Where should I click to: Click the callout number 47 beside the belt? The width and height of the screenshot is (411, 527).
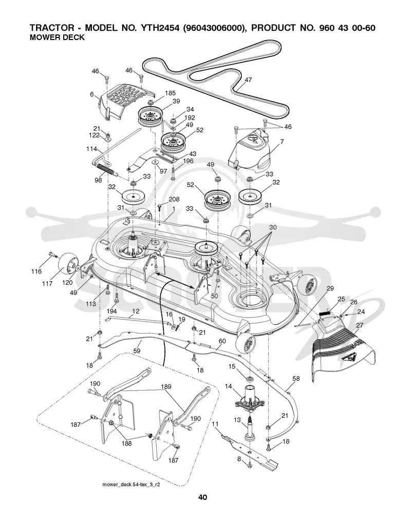pyautogui.click(x=248, y=80)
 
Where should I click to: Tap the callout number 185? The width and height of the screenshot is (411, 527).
pyautogui.click(x=170, y=93)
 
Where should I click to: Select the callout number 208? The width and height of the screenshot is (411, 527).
pyautogui.click(x=174, y=199)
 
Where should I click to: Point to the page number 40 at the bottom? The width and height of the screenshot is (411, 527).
pyautogui.click(x=202, y=497)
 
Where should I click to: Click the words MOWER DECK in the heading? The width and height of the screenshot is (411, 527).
pyautogui.click(x=57, y=37)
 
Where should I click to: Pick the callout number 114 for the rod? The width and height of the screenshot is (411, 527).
pyautogui.click(x=92, y=148)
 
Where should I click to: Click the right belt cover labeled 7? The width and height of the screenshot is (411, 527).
pyautogui.click(x=250, y=148)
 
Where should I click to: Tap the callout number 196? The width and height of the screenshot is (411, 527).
pyautogui.click(x=188, y=161)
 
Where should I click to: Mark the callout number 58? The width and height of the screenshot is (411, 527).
pyautogui.click(x=296, y=379)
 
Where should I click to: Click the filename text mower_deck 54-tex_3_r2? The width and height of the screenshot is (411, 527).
pyautogui.click(x=131, y=485)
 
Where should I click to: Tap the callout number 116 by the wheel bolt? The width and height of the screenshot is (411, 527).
pyautogui.click(x=36, y=271)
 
